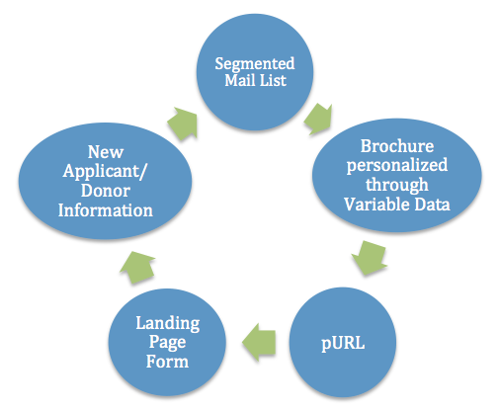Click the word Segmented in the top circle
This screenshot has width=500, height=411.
[x=255, y=64]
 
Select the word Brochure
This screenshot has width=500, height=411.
[x=397, y=146]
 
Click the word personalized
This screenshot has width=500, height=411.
[x=397, y=165]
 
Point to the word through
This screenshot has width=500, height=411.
[x=397, y=185]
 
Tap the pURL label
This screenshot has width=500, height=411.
[x=343, y=344]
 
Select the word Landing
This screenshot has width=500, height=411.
[x=168, y=323]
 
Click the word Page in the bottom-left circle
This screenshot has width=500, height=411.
[x=167, y=343]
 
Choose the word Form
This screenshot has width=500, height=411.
[x=167, y=362]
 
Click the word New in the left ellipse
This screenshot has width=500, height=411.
[x=106, y=152]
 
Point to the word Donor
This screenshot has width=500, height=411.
[x=106, y=191]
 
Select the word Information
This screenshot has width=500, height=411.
[x=106, y=210]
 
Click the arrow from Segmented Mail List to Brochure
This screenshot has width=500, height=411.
[x=318, y=119]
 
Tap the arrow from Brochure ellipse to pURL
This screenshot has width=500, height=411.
[x=370, y=258]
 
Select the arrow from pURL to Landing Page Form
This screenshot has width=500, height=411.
[x=259, y=342]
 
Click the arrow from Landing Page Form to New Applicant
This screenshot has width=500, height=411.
[x=137, y=268]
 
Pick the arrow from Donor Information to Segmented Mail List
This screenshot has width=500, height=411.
[x=183, y=123]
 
